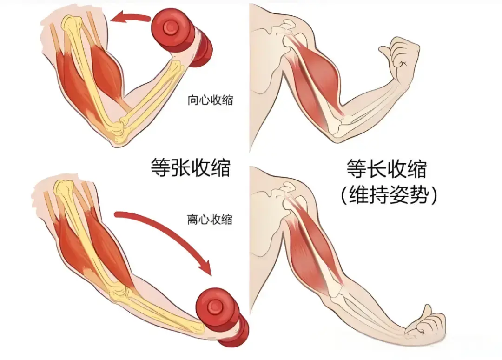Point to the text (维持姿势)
coord(389,196)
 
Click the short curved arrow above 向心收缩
coord(132,18)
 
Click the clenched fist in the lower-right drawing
coord(425,323)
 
